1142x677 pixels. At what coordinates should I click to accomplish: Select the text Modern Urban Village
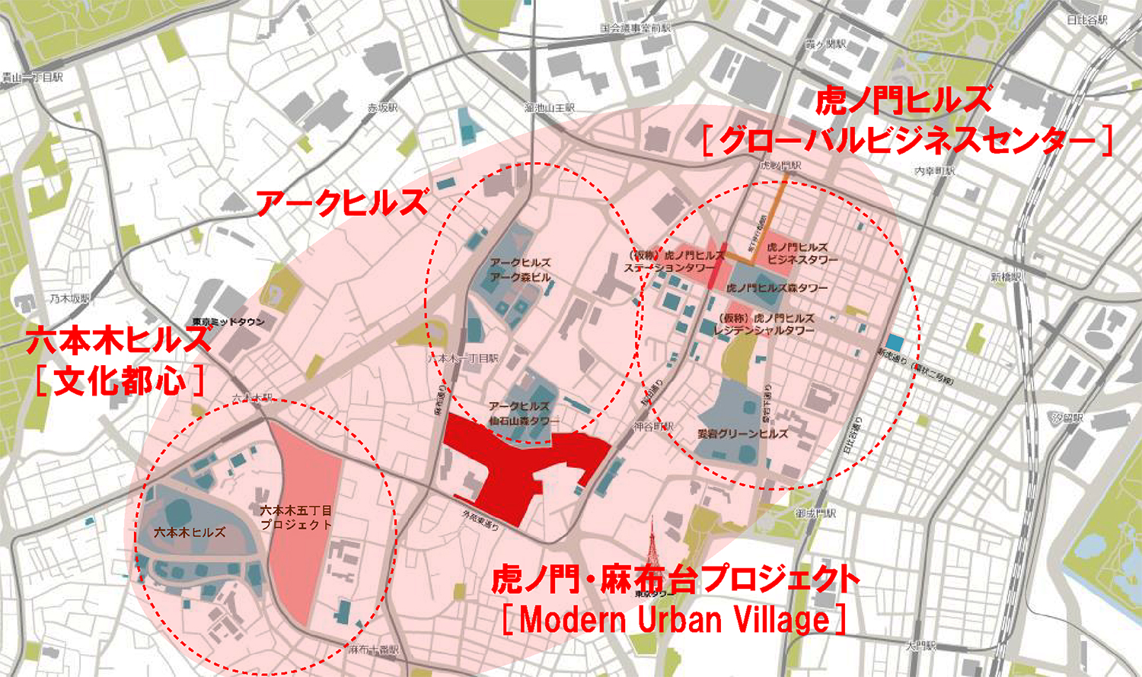click(x=675, y=620)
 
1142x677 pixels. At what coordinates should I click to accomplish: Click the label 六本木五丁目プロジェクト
click(x=296, y=517)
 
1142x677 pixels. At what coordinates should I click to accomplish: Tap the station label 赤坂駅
click(x=383, y=108)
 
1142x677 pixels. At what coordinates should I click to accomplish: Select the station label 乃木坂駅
click(x=70, y=299)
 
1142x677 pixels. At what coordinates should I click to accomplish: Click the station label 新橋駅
click(x=1006, y=277)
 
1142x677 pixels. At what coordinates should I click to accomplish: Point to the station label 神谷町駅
click(x=653, y=426)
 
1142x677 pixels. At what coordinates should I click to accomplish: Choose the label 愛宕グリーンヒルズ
click(x=743, y=434)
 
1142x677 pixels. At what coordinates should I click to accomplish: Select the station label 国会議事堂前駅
click(x=636, y=29)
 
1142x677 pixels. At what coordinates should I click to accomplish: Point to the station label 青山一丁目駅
click(x=32, y=78)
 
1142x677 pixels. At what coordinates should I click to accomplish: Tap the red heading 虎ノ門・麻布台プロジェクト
click(x=675, y=580)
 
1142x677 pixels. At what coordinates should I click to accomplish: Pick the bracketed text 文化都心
click(x=120, y=380)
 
